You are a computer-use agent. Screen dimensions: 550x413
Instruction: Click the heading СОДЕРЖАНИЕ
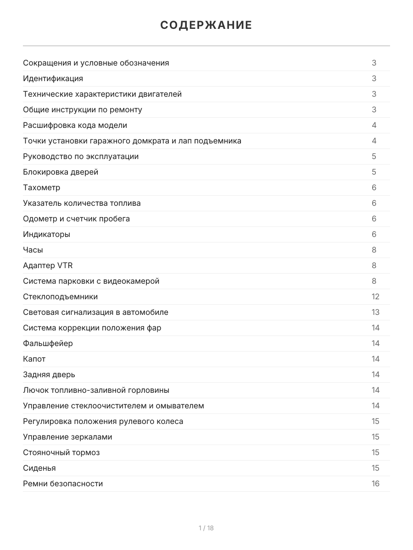click(206, 25)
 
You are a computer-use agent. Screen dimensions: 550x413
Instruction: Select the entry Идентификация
click(53, 78)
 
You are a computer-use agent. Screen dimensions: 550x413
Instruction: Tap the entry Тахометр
click(42, 187)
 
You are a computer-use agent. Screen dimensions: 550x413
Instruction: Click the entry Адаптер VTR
click(48, 265)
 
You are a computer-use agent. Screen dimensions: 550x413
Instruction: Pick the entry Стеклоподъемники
click(61, 297)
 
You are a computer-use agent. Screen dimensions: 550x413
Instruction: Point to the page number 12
click(375, 297)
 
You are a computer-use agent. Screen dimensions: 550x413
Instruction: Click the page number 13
click(375, 312)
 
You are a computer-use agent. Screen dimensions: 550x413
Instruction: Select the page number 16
click(375, 484)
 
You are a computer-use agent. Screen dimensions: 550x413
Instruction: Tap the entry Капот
click(34, 359)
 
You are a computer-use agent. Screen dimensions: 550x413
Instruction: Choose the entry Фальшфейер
click(48, 343)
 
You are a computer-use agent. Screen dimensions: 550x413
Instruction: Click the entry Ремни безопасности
click(63, 484)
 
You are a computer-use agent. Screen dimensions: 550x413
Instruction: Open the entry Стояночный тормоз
click(61, 452)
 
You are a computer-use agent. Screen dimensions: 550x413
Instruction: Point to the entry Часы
click(33, 250)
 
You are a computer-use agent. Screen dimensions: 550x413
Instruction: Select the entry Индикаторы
click(47, 234)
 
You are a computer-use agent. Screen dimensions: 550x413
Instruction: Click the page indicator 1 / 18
click(206, 528)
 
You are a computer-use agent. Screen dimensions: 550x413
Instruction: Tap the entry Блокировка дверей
click(61, 172)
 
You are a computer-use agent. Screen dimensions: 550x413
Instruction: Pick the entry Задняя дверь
click(49, 374)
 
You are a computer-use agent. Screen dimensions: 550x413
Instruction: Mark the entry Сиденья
click(39, 468)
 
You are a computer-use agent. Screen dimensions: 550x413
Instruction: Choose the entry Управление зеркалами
click(67, 437)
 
